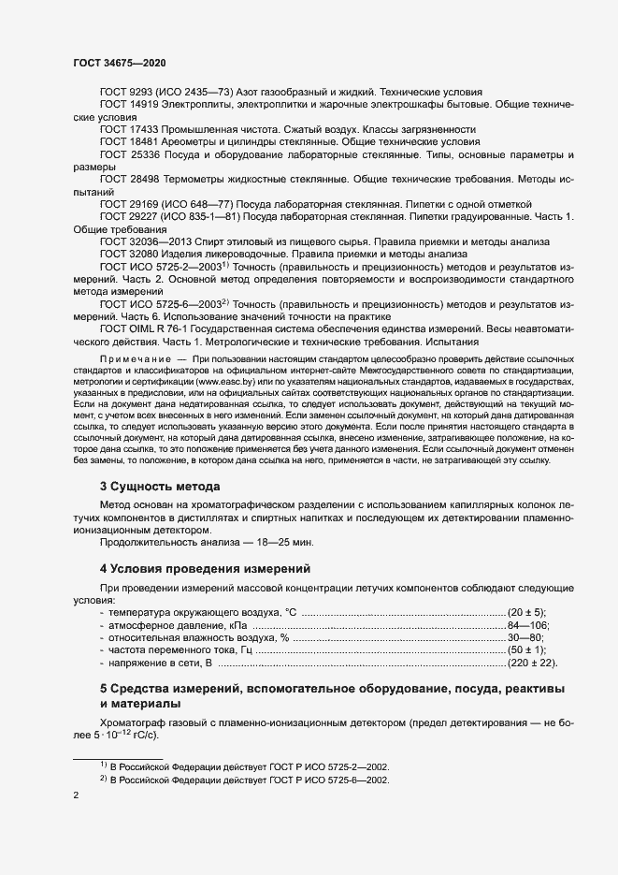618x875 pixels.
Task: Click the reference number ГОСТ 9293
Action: [127, 92]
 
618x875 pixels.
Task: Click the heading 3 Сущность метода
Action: [160, 487]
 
